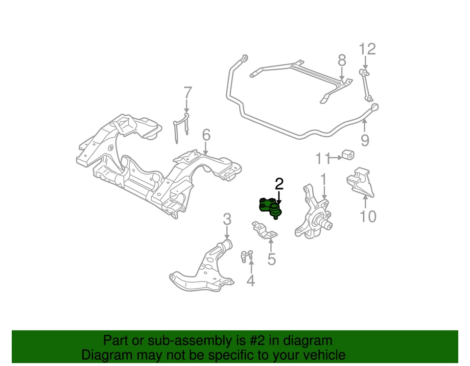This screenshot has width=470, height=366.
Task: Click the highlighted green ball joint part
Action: point(270,207)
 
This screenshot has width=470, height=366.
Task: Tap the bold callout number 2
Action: point(279,184)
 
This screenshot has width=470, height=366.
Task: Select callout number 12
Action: point(367,49)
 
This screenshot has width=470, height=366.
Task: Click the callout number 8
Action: point(342,61)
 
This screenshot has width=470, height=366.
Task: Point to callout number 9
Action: point(365,141)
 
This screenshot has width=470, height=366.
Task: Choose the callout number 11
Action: point(322,158)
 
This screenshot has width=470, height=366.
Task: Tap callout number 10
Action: point(368,215)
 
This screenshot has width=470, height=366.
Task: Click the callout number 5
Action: point(271,259)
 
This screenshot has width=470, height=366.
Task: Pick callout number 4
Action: point(251,280)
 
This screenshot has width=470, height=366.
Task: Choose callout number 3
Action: point(227,219)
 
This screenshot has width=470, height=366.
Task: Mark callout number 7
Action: point(188,92)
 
